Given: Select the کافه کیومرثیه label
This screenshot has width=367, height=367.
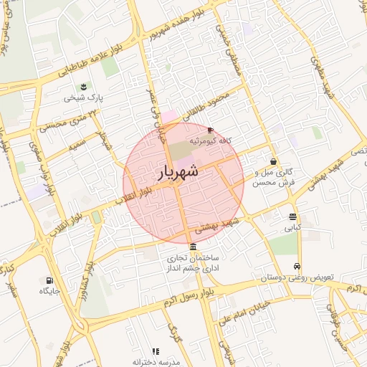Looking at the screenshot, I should [209, 142].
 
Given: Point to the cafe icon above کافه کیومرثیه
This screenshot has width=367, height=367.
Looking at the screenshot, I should [209, 130].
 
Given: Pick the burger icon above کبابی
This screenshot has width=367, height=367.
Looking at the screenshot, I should [292, 216].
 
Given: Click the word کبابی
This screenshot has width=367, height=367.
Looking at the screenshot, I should [292, 229].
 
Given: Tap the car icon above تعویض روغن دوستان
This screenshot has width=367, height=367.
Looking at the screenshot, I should [297, 265].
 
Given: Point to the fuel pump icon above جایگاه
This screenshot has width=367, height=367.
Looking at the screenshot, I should [49, 280].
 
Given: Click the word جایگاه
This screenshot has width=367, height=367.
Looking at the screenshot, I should [49, 292].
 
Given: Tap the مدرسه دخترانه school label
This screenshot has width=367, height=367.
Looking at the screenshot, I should [153, 363].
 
